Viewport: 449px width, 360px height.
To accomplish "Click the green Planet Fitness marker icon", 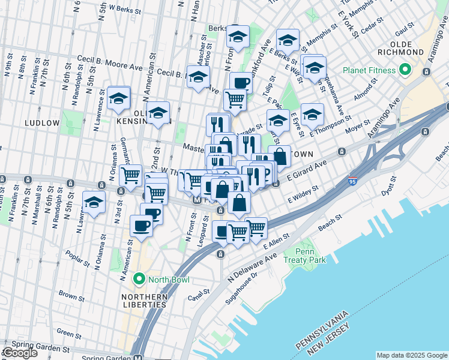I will (405, 70).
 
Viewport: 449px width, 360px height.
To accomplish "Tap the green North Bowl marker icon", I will (140, 279).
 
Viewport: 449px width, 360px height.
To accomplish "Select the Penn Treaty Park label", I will (310, 255).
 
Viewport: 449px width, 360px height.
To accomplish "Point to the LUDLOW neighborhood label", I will (42, 122).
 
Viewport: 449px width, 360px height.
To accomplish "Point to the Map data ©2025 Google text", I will (411, 355).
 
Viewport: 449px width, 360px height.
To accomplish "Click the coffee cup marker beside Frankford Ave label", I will (241, 83).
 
